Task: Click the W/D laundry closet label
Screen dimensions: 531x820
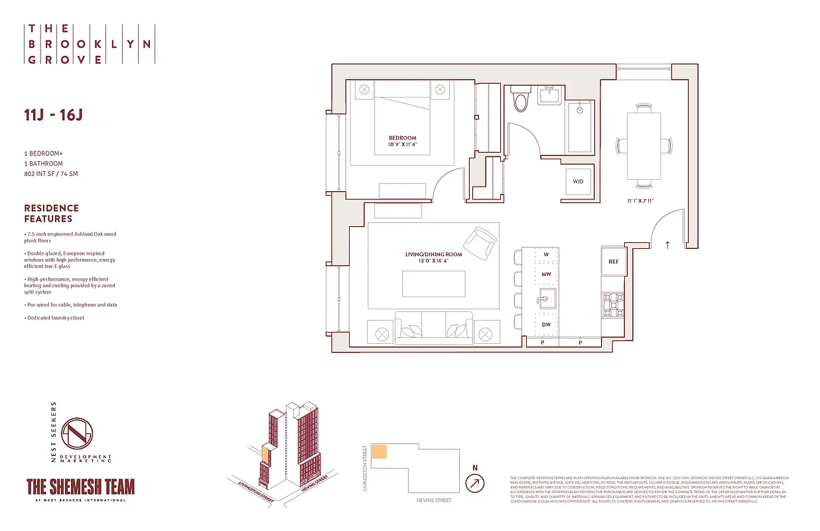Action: pos(578,181)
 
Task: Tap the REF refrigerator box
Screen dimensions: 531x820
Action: pos(614,262)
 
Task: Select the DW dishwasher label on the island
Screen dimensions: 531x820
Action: pos(547,325)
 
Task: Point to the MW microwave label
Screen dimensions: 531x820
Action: pos(547,273)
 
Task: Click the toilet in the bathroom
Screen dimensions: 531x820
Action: pos(521,100)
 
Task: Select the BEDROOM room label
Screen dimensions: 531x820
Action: pos(403,138)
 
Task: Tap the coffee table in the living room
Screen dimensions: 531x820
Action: pos(433,284)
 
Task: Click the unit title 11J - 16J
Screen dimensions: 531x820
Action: pos(53,115)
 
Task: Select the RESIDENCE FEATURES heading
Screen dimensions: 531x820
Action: pos(51,213)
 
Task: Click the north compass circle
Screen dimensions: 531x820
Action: pos(474,484)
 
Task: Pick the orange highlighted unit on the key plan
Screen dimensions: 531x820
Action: pos(379,451)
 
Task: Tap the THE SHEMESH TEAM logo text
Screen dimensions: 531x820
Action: pos(80,487)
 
